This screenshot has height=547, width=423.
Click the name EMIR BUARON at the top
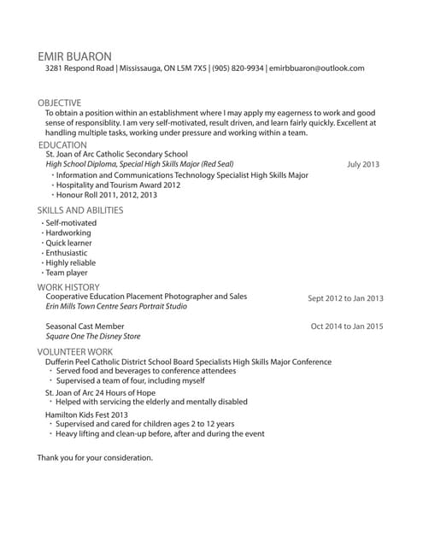click(x=74, y=55)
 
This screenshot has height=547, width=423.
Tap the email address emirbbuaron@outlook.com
click(x=317, y=68)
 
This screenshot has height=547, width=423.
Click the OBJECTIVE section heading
click(x=59, y=103)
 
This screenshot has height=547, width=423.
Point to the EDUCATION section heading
click(x=62, y=145)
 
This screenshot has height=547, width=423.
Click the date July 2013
click(x=363, y=164)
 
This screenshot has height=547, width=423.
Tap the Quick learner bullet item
click(x=68, y=243)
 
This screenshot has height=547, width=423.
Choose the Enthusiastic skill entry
click(x=67, y=253)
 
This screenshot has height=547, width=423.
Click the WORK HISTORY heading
click(x=68, y=287)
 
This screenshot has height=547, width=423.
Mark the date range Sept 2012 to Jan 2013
click(x=345, y=299)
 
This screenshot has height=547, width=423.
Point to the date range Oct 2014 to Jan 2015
click(x=347, y=326)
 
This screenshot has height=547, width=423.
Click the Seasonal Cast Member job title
click(x=85, y=326)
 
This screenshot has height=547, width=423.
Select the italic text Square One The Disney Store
click(x=92, y=337)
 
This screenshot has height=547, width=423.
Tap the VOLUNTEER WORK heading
click(x=74, y=351)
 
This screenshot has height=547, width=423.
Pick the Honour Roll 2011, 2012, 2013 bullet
click(x=107, y=195)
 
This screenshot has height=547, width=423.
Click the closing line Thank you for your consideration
click(x=95, y=457)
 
